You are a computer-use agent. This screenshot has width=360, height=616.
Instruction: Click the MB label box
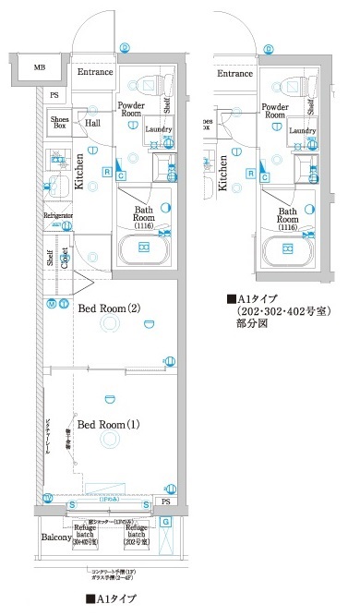pyautogui.click(x=40, y=68)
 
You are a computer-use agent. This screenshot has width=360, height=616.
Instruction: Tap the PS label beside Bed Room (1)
pyautogui.click(x=165, y=501)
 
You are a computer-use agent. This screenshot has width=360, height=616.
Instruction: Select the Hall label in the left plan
pyautogui.click(x=94, y=121)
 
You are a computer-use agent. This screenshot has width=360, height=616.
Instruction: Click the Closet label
pyautogui.click(x=66, y=255)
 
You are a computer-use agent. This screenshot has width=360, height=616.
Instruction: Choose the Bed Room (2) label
pyautogui.click(x=109, y=308)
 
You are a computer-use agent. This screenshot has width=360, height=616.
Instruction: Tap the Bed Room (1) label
pyautogui.click(x=108, y=424)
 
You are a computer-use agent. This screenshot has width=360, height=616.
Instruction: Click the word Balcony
pyautogui.click(x=57, y=537)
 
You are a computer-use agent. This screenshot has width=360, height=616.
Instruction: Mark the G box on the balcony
pyautogui.click(x=165, y=523)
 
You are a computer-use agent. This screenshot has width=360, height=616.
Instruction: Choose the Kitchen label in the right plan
pyautogui.click(x=224, y=173)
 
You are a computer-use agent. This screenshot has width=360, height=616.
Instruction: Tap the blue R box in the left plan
pyautogui.click(x=108, y=172)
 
